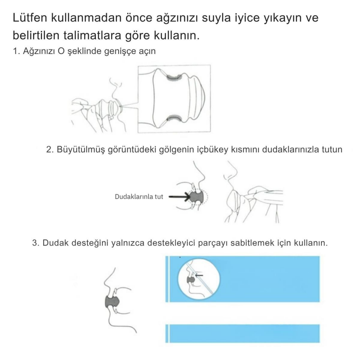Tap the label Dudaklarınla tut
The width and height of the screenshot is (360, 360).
139,196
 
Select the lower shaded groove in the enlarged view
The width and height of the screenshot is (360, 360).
174,119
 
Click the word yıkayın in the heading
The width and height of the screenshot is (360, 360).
275,18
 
